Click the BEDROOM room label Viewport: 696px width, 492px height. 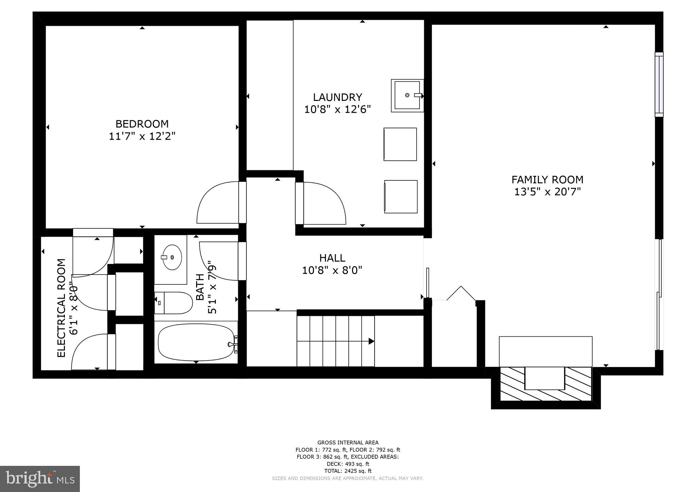coord(142,124)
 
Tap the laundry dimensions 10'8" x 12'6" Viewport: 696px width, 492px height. coord(337,109)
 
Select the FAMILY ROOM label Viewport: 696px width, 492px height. coord(547,179)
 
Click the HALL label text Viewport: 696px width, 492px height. coord(332,258)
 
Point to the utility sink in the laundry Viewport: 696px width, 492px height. coord(407,95)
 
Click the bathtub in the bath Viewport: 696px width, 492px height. coord(196,342)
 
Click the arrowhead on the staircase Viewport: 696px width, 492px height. coord(371,341)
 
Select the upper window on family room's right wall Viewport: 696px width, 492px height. coord(659,84)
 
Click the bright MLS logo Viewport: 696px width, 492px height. coord(40,479)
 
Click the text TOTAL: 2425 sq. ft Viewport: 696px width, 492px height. coord(348,471)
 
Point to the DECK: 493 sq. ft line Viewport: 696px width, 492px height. coord(348,464)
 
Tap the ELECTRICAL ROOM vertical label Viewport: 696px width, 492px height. coord(61,308)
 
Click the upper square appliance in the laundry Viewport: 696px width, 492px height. coord(400,144)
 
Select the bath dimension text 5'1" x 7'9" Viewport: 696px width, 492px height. coord(212,287)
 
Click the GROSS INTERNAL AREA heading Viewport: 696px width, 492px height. coord(348,442)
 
